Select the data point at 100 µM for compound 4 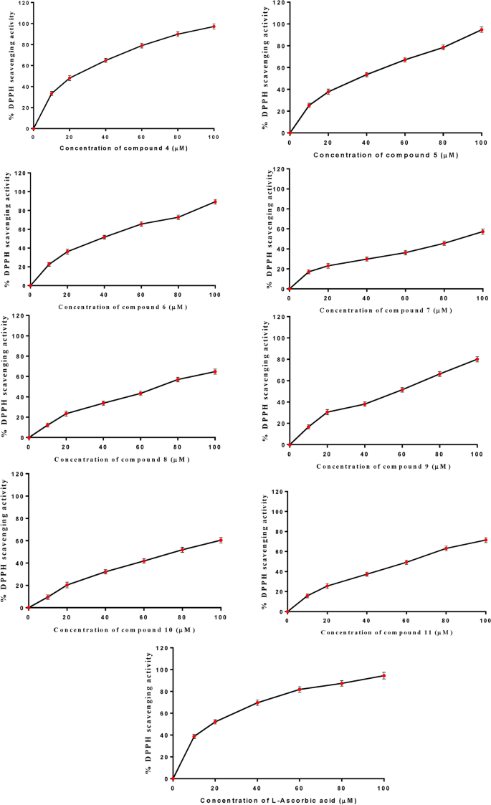214,27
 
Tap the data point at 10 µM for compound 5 309,105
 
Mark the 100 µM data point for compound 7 483,232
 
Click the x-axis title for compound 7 386,310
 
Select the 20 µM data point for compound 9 327,412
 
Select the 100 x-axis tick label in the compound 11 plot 485,621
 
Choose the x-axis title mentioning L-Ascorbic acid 278,799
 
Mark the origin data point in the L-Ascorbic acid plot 173,778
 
